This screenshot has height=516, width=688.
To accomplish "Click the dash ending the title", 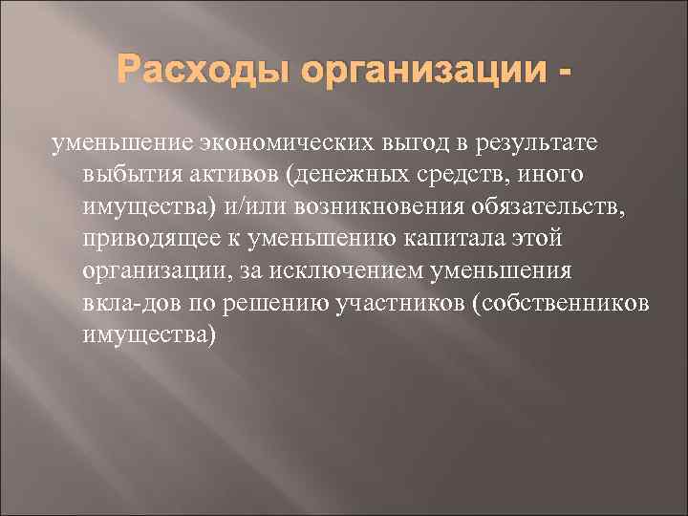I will pyautogui.click(x=571, y=72).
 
